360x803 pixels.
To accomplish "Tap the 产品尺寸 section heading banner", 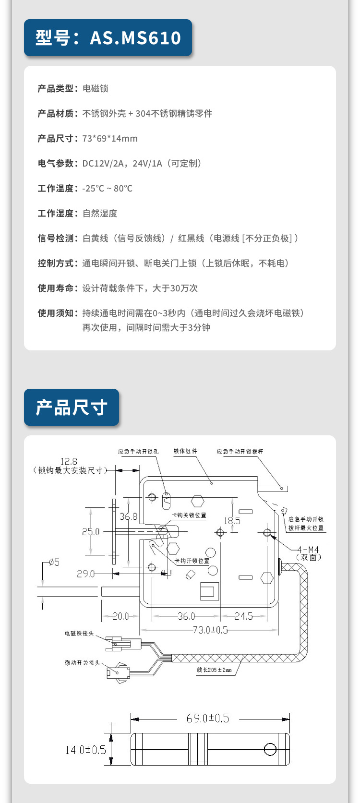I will tap(72, 407).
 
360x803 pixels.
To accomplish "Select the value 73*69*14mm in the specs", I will tap(110, 139).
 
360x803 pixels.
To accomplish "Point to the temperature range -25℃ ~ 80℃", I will tap(107, 189).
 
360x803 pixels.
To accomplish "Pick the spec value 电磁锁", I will tap(96, 89).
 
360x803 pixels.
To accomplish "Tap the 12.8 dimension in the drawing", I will tap(69, 461).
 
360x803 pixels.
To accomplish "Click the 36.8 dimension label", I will tap(128, 516).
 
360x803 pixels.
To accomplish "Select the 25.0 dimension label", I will tap(91, 531).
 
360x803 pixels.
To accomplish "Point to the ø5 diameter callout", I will tap(54, 562).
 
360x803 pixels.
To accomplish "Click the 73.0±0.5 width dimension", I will tap(210, 630).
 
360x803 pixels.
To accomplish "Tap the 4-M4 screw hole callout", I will tap(308, 550).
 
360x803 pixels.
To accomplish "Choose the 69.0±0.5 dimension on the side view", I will tap(208, 719).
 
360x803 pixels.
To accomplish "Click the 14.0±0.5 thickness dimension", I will tap(85, 750).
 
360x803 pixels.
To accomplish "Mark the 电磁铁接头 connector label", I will tap(79, 634).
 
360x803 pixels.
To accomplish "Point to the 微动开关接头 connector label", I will tap(83, 663).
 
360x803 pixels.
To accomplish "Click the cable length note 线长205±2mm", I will tap(214, 670).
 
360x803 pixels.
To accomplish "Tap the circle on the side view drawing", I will tap(270, 749).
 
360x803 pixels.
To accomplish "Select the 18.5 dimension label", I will tap(232, 521).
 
